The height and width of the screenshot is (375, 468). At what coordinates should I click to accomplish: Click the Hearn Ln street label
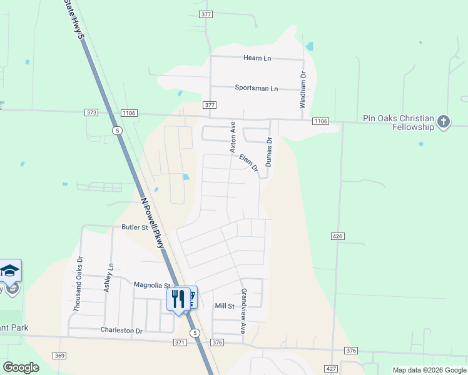click(x=257, y=58)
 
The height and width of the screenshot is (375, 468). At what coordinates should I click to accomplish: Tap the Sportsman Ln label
click(x=256, y=88)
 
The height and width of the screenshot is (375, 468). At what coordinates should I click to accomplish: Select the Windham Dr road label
click(x=303, y=90)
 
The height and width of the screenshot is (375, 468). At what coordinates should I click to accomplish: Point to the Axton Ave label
click(x=232, y=137)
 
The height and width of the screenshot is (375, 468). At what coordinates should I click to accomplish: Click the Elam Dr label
click(x=248, y=163)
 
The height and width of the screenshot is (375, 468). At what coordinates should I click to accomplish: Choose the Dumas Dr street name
click(x=269, y=152)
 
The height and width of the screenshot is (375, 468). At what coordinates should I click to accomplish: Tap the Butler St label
click(x=135, y=228)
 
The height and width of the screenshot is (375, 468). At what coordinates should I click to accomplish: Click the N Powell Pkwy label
click(x=152, y=223)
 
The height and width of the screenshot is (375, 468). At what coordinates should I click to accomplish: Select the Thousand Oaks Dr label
click(x=78, y=284)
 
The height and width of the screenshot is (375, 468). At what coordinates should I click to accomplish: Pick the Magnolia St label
click(x=152, y=285)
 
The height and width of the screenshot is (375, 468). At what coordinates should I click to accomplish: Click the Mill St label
click(x=224, y=306)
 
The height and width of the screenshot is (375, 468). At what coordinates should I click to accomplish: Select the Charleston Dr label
click(x=121, y=330)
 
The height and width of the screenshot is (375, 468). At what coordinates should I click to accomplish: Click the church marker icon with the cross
click(x=444, y=121)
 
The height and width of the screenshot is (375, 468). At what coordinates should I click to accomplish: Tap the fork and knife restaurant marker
click(x=178, y=299)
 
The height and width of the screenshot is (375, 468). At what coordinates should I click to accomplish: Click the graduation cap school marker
click(x=9, y=271)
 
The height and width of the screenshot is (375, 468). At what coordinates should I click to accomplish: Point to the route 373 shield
click(x=92, y=112)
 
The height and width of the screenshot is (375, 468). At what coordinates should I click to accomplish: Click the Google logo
click(x=21, y=367)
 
